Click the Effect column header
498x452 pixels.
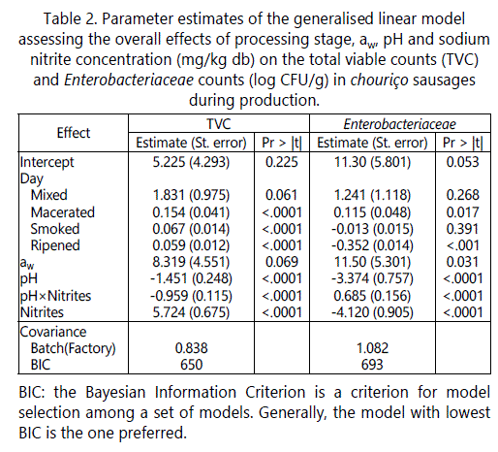74,133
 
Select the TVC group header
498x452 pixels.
219,124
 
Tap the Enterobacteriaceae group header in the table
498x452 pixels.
399,124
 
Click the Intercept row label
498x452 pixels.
47,163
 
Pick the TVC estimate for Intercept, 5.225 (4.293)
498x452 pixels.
191,162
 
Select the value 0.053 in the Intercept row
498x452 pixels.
462,162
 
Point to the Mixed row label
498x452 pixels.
48,195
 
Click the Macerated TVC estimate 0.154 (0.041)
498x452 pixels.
191,212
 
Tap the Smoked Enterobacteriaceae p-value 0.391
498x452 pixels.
462,229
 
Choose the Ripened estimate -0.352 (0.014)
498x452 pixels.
372,245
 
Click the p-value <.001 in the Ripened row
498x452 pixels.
462,245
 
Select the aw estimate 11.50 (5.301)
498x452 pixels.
372,262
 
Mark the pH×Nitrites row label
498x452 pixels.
55,296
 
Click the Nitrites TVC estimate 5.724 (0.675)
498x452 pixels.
191,312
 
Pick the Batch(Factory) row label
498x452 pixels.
73,348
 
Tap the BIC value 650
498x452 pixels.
191,365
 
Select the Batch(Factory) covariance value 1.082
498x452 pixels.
372,348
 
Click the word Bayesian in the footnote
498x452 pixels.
115,393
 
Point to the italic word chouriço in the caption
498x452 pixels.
379,81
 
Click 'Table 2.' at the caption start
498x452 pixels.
71,19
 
